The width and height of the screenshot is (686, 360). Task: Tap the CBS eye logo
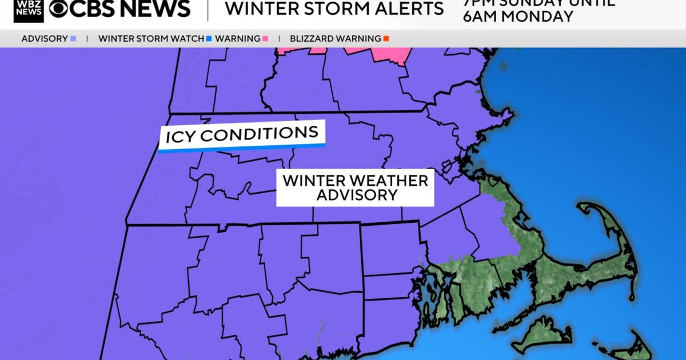pyautogui.click(x=60, y=8)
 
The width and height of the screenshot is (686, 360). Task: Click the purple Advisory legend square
pyautogui.click(x=73, y=39)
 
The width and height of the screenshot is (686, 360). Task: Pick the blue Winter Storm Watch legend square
pyautogui.click(x=209, y=39)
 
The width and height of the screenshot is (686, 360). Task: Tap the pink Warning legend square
pyautogui.click(x=265, y=39)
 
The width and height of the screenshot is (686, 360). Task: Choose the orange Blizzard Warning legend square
pyautogui.click(x=386, y=39)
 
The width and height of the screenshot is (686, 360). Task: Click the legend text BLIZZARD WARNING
pyautogui.click(x=335, y=39)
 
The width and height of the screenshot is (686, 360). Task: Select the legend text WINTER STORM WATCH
pyautogui.click(x=151, y=39)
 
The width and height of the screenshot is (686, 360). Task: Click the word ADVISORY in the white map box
pyautogui.click(x=356, y=195)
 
